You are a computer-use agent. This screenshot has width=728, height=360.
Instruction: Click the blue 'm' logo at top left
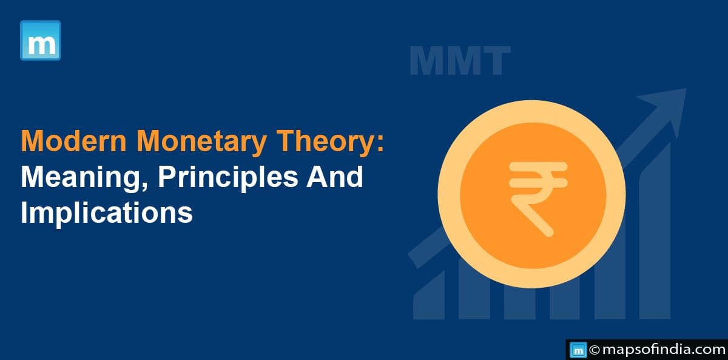click(40, 40)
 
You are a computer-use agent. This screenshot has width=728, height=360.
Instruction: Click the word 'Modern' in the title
click(74, 141)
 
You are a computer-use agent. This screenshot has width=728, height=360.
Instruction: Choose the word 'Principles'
click(228, 178)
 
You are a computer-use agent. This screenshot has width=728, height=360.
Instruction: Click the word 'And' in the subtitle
click(334, 177)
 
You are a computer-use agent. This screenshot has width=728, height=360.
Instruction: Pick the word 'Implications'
click(107, 214)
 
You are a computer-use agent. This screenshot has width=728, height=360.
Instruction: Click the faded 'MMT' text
click(460, 61)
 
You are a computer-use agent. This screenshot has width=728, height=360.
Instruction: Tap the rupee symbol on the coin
click(538, 199)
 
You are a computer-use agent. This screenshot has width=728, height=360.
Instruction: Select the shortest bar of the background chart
click(429, 295)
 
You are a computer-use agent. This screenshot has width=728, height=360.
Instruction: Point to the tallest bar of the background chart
click(655, 231)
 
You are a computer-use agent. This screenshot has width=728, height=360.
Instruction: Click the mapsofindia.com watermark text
click(663, 350)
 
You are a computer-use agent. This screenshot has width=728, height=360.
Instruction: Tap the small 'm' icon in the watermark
click(578, 350)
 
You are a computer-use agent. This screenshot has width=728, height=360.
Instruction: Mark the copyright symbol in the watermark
click(594, 350)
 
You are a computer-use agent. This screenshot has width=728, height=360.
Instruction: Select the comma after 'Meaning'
click(145, 186)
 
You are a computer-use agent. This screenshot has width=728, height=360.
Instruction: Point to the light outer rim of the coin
click(448, 194)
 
